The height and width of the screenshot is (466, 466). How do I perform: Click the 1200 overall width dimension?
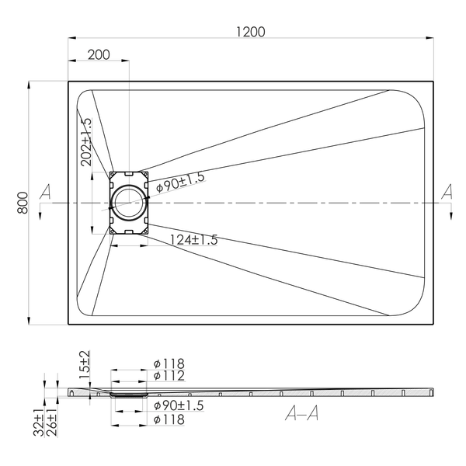click(x=251, y=32)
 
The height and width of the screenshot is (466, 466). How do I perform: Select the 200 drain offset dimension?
click(x=99, y=54)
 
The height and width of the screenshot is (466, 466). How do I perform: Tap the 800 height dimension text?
click(x=23, y=203)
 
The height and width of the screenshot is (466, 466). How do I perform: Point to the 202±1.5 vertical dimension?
click(x=87, y=142)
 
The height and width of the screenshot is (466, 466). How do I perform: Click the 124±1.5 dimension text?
click(x=193, y=240)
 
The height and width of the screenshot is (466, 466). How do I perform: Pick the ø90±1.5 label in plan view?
click(x=181, y=183)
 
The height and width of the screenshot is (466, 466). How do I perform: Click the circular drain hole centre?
click(x=129, y=203)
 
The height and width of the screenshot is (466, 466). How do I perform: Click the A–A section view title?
click(x=302, y=413)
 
